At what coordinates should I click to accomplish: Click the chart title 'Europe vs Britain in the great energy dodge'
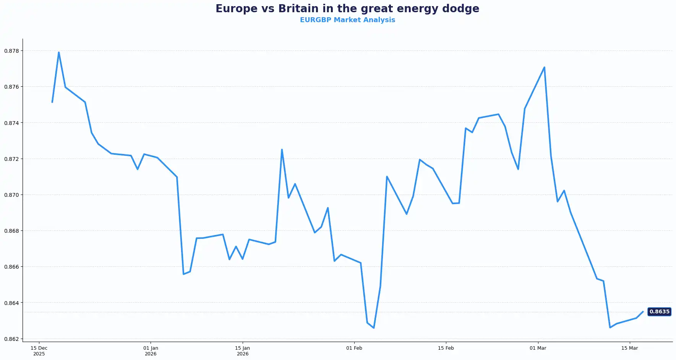(347, 9)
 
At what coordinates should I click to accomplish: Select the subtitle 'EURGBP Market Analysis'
(347, 20)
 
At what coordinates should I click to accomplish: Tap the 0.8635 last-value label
(659, 311)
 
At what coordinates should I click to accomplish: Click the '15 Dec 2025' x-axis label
(39, 351)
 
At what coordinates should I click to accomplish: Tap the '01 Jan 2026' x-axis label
(151, 351)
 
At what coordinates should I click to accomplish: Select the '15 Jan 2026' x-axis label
(242, 351)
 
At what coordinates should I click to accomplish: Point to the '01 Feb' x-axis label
(354, 348)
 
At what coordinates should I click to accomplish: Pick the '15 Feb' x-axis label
(446, 348)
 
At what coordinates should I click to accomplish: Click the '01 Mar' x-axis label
(538, 348)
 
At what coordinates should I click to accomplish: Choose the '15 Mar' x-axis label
(629, 348)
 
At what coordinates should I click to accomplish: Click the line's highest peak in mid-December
(59, 52)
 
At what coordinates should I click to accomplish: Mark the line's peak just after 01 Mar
(544, 67)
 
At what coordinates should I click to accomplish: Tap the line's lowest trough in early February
(374, 328)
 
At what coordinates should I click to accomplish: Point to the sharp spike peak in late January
(282, 149)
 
